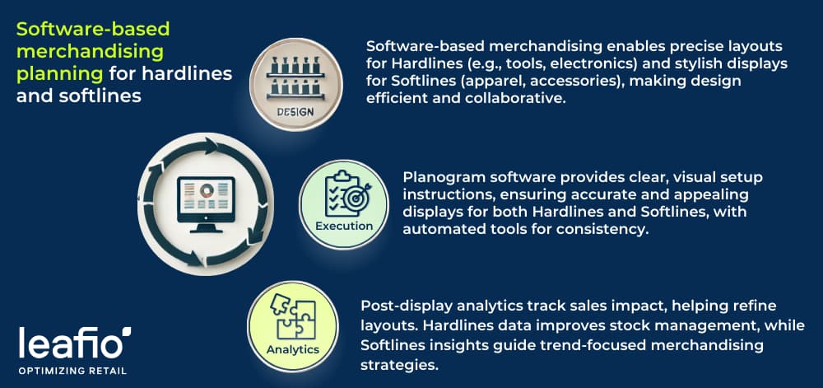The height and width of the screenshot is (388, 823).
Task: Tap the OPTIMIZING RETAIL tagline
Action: click(72, 371)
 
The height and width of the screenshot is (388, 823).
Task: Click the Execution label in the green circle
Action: click(343, 226)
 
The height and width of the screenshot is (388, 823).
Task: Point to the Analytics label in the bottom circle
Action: click(292, 348)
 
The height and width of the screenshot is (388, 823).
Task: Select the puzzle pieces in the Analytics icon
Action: click(293, 315)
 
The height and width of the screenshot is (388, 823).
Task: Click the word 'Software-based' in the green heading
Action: click(92, 30)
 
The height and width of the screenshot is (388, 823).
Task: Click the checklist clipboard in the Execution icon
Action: click(336, 192)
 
